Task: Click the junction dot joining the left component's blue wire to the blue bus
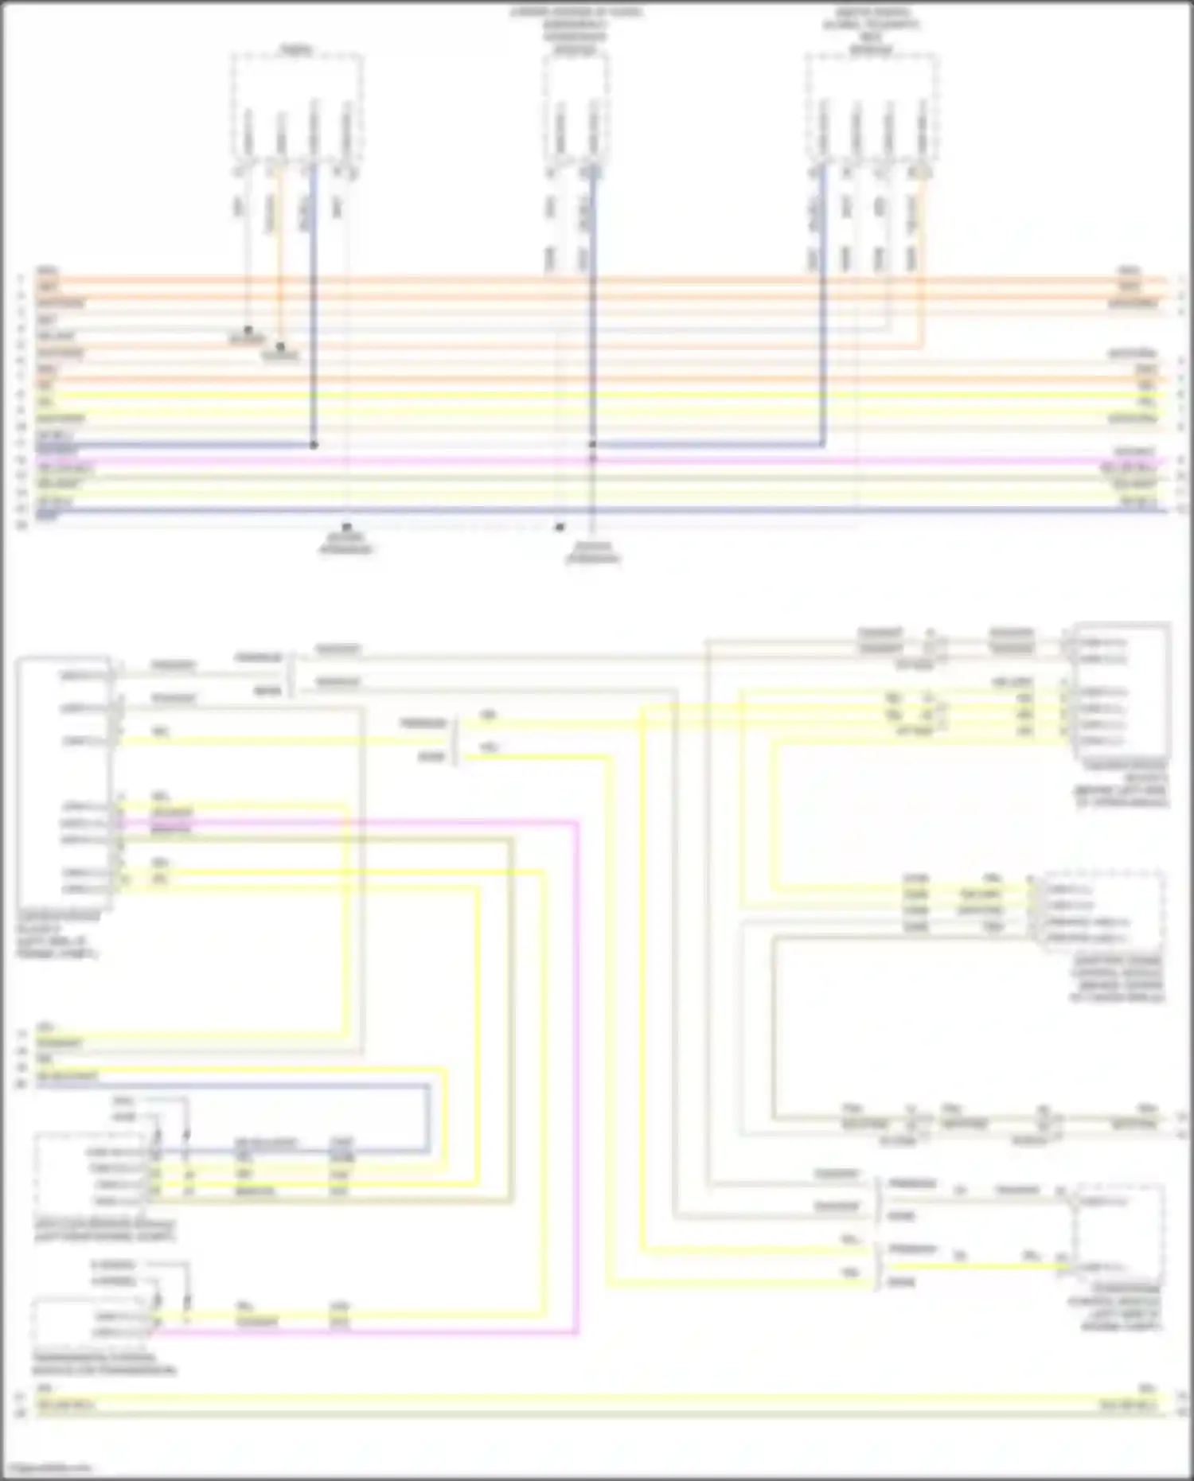point(314,445)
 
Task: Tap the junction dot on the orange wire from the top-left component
point(280,346)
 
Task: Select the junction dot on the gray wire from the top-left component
point(248,329)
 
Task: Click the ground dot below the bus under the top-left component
point(346,527)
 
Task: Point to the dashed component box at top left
point(297,107)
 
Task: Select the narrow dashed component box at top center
point(576,107)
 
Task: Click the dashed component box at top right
point(870,107)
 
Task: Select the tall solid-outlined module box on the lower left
point(64,784)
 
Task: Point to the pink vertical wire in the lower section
point(576,1074)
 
